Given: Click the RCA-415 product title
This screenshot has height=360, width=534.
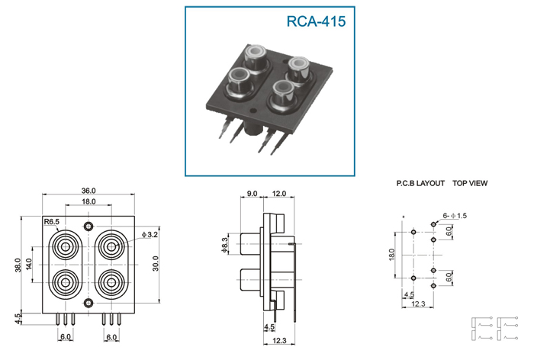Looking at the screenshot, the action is tap(316, 21).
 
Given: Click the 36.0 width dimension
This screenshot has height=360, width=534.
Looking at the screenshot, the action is tap(88, 191).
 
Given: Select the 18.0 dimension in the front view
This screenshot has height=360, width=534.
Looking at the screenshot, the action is tap(88, 201).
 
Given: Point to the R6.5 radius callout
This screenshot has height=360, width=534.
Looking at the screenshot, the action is tap(52, 222).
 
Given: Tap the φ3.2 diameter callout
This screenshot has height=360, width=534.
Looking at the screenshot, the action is tap(150, 235).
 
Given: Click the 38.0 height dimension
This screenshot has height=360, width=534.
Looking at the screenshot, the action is tap(18, 265).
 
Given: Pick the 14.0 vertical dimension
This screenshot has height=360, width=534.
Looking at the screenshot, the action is tap(29, 265).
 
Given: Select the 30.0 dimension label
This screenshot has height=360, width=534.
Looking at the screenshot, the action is tap(156, 263).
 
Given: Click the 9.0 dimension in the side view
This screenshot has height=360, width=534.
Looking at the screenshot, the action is tap(252, 194).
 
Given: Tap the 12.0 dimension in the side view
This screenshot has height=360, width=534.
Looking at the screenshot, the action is tap(279, 194).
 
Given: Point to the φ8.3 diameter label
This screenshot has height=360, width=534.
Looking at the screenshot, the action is tap(224, 245).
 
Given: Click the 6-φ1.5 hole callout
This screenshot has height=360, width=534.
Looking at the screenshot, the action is tap(455, 216).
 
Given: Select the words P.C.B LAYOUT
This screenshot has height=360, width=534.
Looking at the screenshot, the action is tap(420, 183).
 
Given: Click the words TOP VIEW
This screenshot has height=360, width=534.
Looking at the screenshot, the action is tap(470, 183).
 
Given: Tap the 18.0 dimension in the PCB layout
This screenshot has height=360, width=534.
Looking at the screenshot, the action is tap(391, 255).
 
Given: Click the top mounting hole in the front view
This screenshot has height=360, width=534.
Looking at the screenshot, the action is tap(88, 227).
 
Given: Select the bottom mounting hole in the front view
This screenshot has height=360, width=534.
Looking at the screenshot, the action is tap(88, 303).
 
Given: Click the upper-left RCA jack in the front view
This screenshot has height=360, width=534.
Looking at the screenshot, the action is tap(65, 246).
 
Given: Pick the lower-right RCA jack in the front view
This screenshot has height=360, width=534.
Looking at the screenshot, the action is tap(111, 282).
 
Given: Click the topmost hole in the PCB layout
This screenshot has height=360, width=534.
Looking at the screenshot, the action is tap(433, 224).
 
